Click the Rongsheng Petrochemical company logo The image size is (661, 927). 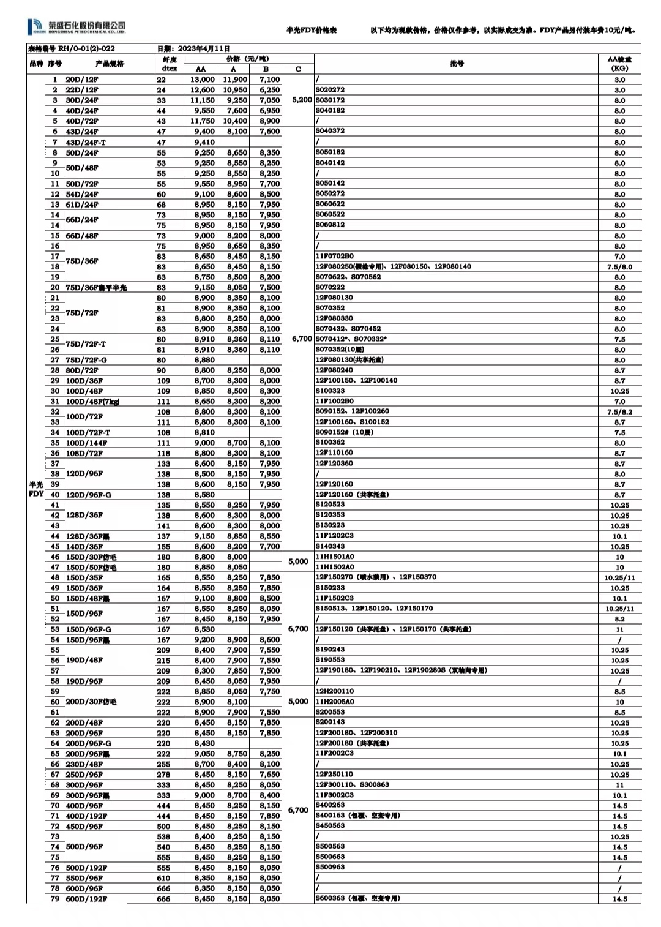tap(77, 26)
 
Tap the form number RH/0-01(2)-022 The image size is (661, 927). tap(72, 48)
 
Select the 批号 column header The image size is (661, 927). tap(457, 64)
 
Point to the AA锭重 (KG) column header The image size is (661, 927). tap(619, 64)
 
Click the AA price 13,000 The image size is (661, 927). tap(202, 80)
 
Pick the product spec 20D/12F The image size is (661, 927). tap(82, 80)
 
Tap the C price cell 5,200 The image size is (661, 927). tap(302, 100)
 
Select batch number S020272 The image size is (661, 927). tap(330, 89)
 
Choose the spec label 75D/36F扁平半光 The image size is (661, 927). tap(96, 287)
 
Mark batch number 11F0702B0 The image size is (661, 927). tap(334, 256)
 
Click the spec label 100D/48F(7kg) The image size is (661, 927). tap(92, 402)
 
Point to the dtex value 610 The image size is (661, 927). tap(163, 878)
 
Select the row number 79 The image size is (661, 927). tap(55, 899)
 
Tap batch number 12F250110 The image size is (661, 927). tap(334, 775)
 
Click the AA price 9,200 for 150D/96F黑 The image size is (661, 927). tap(204, 640)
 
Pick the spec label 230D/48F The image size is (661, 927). tap(84, 764)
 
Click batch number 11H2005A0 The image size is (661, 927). tap(334, 702)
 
